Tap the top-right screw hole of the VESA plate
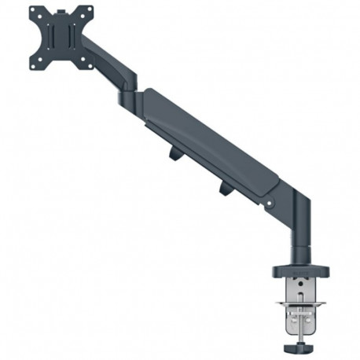(90, 10)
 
